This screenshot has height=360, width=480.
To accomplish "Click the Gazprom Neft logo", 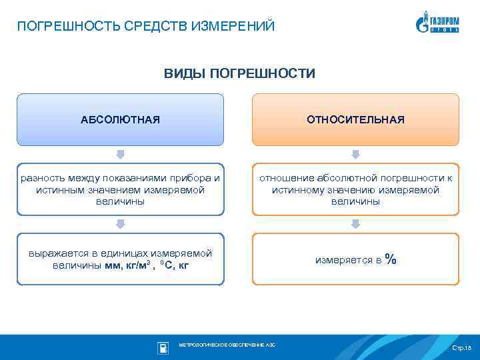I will [x=437, y=22].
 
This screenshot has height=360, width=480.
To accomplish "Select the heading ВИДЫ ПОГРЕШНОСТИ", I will [x=239, y=73].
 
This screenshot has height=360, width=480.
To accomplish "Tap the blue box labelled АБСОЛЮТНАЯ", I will [x=120, y=119].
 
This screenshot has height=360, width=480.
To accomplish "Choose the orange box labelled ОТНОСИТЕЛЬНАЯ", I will [x=355, y=119].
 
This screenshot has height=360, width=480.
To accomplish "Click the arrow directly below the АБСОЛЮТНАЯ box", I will [x=121, y=154].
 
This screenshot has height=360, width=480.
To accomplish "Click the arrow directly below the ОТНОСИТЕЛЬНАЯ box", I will [x=355, y=154].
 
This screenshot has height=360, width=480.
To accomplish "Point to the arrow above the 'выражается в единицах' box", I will [x=121, y=224].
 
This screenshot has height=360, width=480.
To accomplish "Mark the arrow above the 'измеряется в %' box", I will [x=355, y=224].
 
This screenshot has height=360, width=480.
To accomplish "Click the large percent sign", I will [x=391, y=259].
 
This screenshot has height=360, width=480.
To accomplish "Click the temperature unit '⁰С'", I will [x=167, y=266].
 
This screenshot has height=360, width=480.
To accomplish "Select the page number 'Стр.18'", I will [x=461, y=348].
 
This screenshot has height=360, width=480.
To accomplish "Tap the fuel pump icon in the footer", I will [x=163, y=347].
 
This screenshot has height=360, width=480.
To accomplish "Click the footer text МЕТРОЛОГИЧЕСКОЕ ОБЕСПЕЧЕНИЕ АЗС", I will [x=227, y=345].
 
